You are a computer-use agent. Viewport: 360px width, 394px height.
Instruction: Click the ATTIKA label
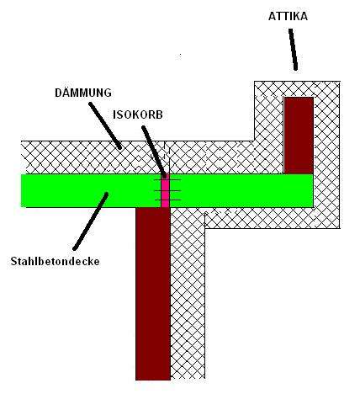pos(288,16)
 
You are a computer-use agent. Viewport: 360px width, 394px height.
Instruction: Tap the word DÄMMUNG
pos(83,93)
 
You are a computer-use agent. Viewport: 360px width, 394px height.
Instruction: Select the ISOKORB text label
pos(138,114)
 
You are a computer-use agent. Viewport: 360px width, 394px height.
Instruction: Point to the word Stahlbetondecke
pos(56,261)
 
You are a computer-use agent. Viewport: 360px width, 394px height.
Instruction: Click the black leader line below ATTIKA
pos(293,49)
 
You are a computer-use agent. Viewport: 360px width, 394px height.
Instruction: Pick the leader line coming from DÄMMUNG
pos(105,125)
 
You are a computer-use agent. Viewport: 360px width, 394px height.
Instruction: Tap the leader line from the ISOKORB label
pos(154,152)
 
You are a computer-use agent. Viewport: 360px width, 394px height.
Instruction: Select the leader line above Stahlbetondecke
pos(90,221)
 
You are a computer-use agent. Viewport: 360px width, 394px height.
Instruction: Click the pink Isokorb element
pos(166,191)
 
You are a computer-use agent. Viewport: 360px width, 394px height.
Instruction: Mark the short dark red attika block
pos(299,136)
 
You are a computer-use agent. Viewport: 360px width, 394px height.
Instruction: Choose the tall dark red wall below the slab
pos(153,294)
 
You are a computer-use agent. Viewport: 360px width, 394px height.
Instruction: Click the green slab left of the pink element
pos(92,191)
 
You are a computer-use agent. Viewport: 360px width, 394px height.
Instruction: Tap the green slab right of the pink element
pos(241,191)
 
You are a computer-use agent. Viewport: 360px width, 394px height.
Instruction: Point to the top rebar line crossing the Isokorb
pos(167,179)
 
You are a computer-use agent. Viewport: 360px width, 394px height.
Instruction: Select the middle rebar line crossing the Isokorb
pos(167,191)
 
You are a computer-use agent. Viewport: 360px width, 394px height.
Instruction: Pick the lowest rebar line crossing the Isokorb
pos(167,200)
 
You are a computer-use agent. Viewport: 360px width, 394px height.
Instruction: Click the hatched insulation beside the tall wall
pos(188,294)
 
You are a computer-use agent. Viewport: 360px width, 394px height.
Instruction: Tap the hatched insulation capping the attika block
pos(297,89)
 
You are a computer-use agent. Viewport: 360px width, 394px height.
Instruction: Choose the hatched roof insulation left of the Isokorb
pos(93,157)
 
